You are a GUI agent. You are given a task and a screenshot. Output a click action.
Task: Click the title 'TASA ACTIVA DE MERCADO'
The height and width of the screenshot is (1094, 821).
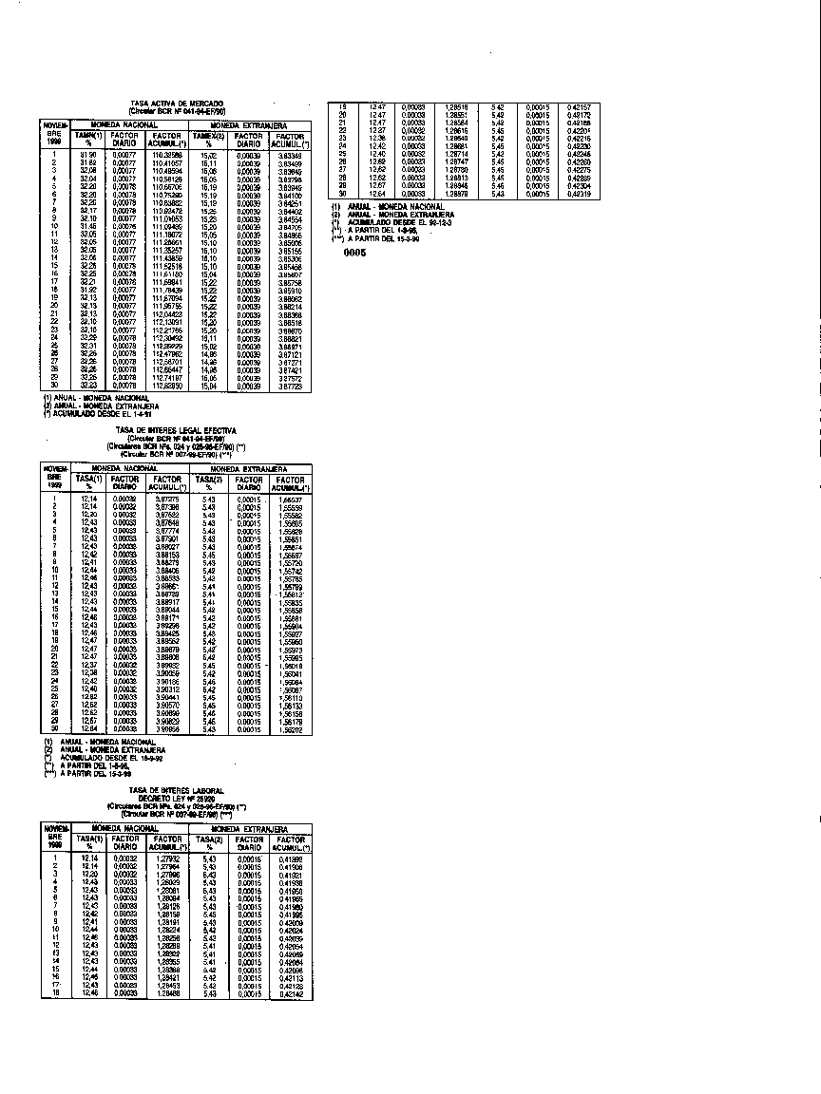[178, 103]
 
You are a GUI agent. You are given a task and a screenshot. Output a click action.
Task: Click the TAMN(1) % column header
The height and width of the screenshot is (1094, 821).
[88, 141]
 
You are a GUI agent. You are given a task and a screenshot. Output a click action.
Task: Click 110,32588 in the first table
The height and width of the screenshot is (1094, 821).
[166, 154]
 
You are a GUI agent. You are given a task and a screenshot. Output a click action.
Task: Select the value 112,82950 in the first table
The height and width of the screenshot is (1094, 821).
[166, 386]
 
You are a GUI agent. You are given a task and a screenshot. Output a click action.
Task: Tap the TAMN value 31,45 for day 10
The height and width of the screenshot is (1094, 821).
[88, 225]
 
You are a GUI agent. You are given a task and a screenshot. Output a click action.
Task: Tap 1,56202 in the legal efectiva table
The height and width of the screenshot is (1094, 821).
[289, 728]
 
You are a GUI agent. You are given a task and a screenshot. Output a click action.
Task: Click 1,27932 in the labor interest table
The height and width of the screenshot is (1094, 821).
[166, 858]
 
